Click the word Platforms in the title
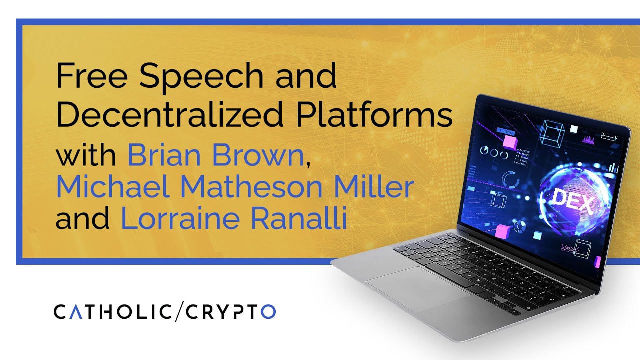tap(374, 115)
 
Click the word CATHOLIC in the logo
tap(112, 311)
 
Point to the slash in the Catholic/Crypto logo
tap(179, 311)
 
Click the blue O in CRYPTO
tap(268, 311)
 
